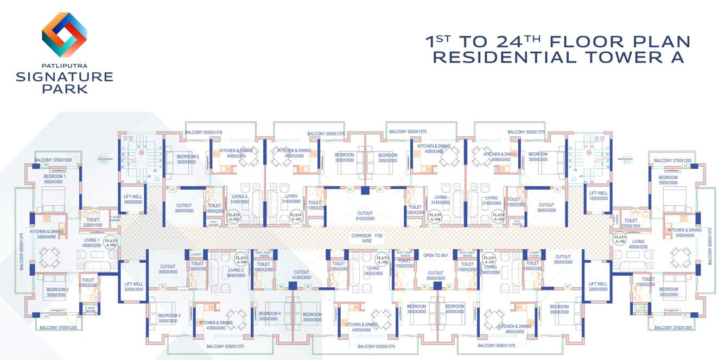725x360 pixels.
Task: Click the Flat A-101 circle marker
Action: tap(111, 243)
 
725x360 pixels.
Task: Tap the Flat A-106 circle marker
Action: tap(620, 238)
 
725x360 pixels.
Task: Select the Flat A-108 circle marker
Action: tap(382, 260)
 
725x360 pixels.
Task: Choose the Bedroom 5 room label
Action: tap(188, 159)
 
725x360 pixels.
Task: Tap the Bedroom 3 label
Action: tap(168, 318)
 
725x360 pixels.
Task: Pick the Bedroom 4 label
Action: tap(270, 317)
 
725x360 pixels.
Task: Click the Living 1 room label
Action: tap(91, 243)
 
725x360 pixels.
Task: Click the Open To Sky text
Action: tap(435, 255)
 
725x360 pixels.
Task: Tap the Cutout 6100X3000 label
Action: tap(365, 216)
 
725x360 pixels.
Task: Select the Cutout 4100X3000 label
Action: tap(301, 275)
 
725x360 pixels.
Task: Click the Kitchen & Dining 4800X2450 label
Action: tap(514, 329)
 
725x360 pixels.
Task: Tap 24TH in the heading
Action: tap(516, 41)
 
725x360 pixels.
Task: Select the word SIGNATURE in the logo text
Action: tap(64, 77)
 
